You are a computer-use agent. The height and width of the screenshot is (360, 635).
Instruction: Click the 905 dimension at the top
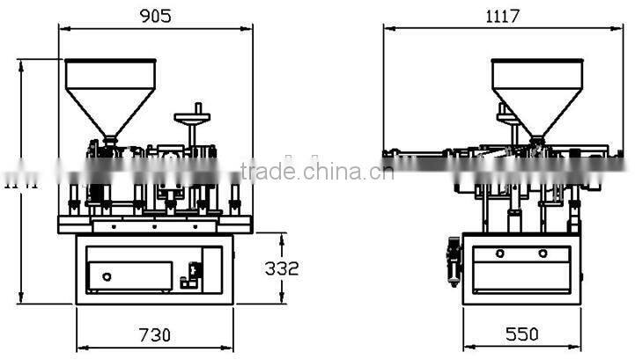(155, 16)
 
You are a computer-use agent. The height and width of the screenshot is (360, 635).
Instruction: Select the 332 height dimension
(282, 268)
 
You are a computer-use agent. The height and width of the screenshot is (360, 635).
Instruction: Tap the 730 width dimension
(155, 334)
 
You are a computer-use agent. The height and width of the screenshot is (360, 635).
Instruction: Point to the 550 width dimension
(521, 334)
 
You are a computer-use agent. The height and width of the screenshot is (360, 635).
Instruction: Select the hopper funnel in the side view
(536, 88)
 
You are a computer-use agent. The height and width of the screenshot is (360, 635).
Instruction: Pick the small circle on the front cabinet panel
(107, 276)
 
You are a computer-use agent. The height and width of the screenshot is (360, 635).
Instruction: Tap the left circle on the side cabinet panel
(499, 253)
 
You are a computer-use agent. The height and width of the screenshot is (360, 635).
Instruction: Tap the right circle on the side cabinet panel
(543, 253)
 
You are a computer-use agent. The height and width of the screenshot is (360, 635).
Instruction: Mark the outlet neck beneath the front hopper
(111, 138)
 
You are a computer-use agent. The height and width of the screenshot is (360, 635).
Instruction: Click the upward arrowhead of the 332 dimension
(282, 238)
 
